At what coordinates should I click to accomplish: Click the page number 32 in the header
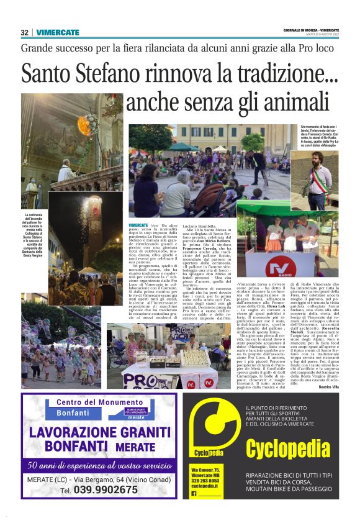(25, 32)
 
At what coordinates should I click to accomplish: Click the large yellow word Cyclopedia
(295, 448)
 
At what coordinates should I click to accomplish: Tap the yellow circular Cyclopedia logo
(207, 428)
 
